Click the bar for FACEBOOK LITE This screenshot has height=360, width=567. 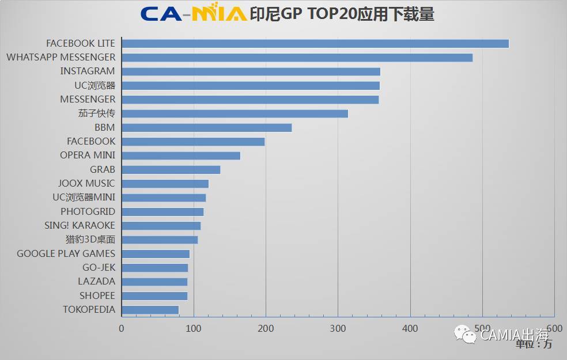(315, 44)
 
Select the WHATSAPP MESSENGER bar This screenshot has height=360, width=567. (297, 58)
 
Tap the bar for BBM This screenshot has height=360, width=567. (207, 128)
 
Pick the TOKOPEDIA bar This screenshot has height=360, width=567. (150, 310)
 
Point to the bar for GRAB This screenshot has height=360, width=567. (171, 170)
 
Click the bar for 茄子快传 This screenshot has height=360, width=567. (235, 113)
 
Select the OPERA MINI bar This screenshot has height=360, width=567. (181, 156)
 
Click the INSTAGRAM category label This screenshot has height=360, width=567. (88, 71)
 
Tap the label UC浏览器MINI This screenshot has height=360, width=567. (84, 198)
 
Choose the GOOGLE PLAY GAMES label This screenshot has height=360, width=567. (66, 253)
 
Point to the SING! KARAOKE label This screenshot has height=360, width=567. (80, 226)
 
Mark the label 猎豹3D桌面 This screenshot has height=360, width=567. (90, 240)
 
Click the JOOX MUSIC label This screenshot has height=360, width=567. (86, 184)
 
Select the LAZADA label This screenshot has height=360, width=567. (96, 282)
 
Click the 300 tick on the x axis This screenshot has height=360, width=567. (338, 329)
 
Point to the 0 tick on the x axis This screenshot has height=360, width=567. (122, 329)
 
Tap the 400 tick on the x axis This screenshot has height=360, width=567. (410, 329)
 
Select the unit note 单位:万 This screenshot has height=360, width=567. (534, 344)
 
